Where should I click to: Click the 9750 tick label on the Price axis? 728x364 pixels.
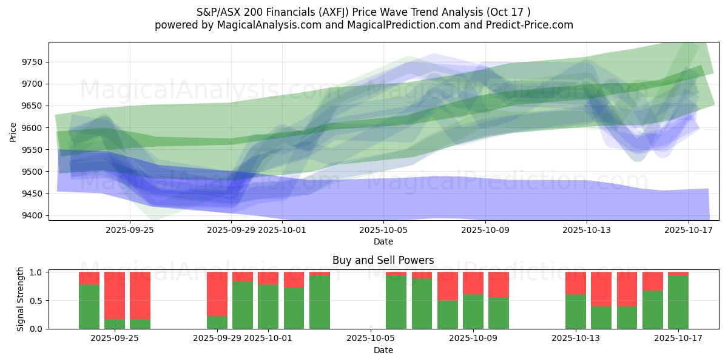coord(31,62)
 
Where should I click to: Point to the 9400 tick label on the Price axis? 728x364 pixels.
coord(31,215)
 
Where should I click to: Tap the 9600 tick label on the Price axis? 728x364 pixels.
coord(31,128)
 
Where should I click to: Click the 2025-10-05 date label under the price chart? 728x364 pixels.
coord(383,231)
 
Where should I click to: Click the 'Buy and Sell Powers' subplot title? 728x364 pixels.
coord(383,260)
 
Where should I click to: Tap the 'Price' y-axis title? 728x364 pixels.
coord(13,132)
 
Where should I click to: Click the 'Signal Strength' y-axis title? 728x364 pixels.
coord(21,298)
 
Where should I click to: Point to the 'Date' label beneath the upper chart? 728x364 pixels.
coord(383,241)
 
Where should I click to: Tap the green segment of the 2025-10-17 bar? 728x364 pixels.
coord(678,302)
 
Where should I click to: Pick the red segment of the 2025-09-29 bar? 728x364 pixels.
coord(217,294)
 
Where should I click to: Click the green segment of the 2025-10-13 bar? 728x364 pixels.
coord(576,311)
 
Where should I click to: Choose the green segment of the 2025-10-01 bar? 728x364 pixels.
coord(268,306)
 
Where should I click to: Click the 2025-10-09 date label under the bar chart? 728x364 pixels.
coord(473,339)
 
